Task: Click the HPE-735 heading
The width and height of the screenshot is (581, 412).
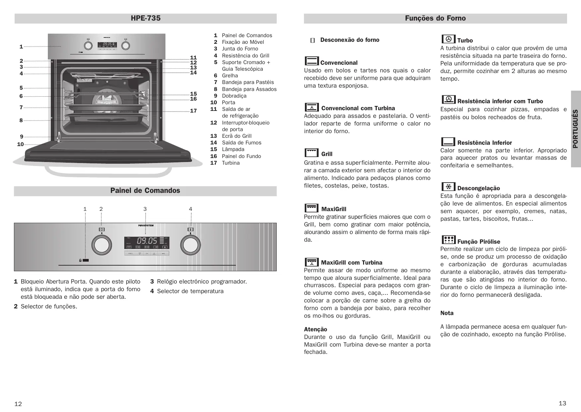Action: coord(145,18)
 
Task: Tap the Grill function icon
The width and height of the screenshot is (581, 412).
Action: coord(311,153)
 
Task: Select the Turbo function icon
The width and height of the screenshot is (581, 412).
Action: coord(448,39)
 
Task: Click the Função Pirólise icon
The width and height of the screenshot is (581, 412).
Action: coord(448,240)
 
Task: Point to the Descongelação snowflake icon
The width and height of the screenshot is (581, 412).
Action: coord(448,187)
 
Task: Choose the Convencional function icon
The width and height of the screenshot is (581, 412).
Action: coord(312,61)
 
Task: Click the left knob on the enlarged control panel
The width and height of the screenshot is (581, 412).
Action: coord(101,245)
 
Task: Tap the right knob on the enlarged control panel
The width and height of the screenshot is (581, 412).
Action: coord(190,245)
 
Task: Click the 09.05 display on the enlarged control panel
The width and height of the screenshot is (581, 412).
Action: coord(147,241)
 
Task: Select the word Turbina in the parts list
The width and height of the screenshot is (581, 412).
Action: coord(231,163)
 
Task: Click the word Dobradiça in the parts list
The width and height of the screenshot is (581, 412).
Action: coord(234,96)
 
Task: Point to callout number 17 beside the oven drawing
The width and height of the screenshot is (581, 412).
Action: coord(193,111)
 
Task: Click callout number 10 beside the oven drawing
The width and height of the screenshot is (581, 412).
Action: coord(21,144)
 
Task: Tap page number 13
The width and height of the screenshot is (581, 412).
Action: coord(562,403)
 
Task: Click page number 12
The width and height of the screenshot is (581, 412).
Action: coord(18,404)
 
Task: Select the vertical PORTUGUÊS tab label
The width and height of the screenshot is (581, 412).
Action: coord(575,129)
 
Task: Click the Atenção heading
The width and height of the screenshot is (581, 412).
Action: coord(316,329)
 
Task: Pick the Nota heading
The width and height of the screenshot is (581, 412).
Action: coord(447,313)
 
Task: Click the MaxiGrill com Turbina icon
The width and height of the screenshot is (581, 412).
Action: coord(312,262)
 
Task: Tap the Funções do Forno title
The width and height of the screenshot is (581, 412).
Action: coord(435,18)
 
